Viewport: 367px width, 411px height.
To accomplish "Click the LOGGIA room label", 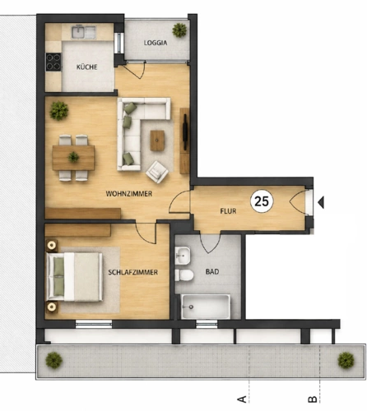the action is coord(156,43).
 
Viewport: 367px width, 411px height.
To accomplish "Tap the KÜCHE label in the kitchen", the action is coord(87,67).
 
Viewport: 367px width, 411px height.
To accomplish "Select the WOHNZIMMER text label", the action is coord(129,194).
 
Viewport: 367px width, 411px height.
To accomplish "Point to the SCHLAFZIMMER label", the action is coord(133,272).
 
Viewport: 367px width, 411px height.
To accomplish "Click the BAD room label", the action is coord(212,271).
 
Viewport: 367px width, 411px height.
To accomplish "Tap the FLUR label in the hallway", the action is coord(228,211).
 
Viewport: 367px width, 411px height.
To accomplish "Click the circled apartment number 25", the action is coord(262,201).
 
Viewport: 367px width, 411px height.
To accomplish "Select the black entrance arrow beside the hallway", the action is coord(321,202).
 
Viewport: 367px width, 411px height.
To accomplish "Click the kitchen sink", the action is coord(84,32).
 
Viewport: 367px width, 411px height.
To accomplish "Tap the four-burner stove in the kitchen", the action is coord(53,62).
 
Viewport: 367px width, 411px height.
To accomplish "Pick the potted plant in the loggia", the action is coord(179,30).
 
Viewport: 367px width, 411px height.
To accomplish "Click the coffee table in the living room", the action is coord(157,141).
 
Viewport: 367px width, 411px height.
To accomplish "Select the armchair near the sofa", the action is coord(157,172).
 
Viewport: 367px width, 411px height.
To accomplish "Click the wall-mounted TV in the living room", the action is coord(185,132).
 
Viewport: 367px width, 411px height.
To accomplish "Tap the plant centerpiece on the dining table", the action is coord(73,157).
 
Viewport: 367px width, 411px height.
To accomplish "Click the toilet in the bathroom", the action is coord(184,275).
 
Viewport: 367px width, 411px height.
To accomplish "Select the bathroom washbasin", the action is coord(183,256).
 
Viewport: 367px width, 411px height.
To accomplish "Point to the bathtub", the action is coord(206,307).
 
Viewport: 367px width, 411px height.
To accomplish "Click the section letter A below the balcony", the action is coord(242,399).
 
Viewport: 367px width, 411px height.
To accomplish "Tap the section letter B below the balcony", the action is coord(313,399).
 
